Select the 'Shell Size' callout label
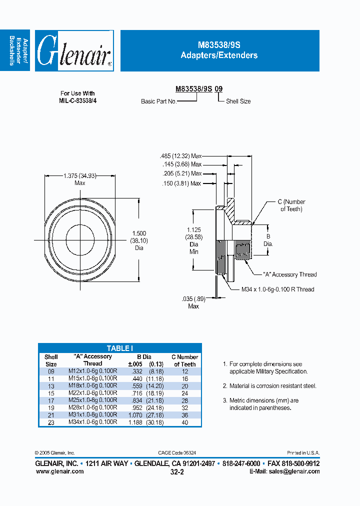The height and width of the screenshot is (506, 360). (x=238, y=101)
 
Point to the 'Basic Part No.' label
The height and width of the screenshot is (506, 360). (x=158, y=101)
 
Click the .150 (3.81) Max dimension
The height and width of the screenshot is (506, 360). (x=181, y=183)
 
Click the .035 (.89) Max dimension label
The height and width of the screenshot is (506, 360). (x=193, y=302)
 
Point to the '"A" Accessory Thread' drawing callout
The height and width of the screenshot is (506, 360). (x=289, y=274)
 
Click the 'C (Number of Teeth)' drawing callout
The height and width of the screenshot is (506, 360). (x=291, y=205)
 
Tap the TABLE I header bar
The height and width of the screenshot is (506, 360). (x=120, y=348)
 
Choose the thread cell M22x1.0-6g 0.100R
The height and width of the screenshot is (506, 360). (x=92, y=393)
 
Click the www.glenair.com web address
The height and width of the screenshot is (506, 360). (x=59, y=471)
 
